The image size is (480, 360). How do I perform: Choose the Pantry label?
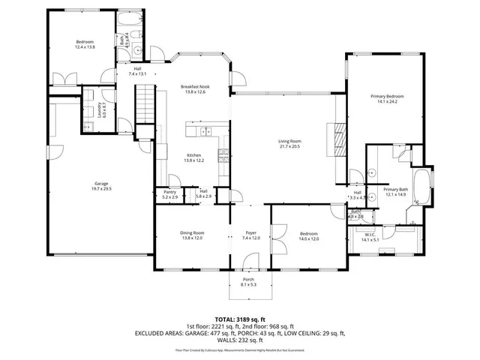(169, 193)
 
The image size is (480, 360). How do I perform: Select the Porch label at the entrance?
(248, 280)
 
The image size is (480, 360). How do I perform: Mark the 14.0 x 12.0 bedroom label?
(308, 236)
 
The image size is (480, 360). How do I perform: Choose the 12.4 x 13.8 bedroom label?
(84, 44)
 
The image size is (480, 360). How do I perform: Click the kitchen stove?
(223, 156)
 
